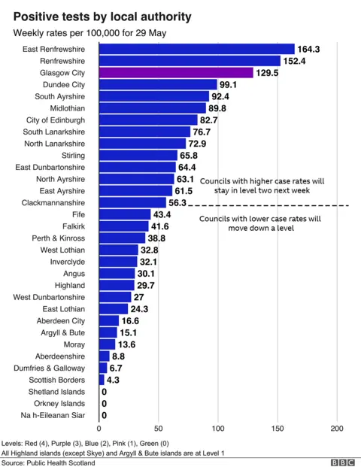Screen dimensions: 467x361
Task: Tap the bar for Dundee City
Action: point(157,85)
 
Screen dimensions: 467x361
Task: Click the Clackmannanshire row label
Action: point(53,203)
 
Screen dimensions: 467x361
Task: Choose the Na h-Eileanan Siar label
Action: point(54,415)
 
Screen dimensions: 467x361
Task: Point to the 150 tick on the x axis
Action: point(278,429)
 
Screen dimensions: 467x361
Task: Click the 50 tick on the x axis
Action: point(158,429)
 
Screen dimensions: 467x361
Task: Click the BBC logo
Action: point(342,462)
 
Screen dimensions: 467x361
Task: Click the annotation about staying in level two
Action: point(261,186)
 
